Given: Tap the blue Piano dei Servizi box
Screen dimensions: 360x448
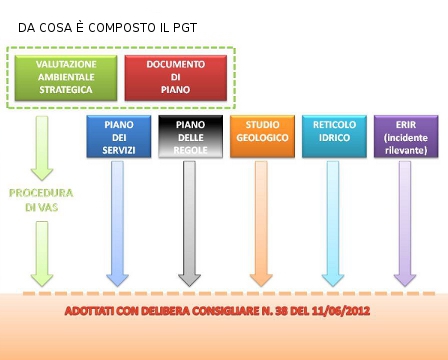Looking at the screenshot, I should [118, 137].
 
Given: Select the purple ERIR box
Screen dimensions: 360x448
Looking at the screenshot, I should [405, 137].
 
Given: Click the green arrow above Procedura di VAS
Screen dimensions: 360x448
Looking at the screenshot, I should [41, 146].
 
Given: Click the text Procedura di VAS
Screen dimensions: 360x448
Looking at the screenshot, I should [41, 199].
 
